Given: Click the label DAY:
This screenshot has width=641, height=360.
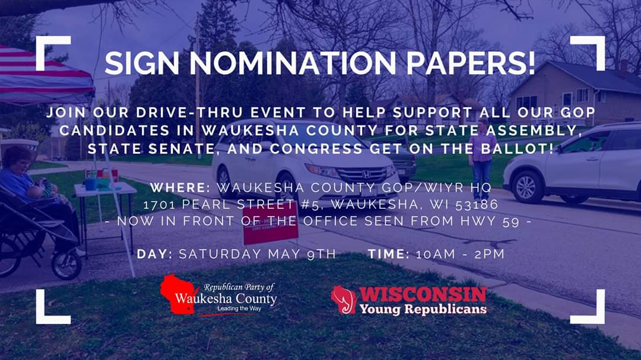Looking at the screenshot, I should click(x=154, y=254).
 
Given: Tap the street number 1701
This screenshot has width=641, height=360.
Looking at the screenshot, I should click(x=161, y=205).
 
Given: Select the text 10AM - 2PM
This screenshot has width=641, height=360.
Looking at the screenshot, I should click(x=460, y=254).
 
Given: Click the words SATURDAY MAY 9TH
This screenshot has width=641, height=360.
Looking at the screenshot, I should click(x=257, y=254).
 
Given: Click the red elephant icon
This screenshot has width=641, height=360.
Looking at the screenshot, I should click(x=343, y=299).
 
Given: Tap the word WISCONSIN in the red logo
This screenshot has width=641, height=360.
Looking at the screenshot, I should click(x=423, y=294).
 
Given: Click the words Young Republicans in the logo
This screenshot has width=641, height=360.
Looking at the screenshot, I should click(x=423, y=308).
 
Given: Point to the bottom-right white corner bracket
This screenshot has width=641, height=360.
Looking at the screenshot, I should click(x=590, y=310).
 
